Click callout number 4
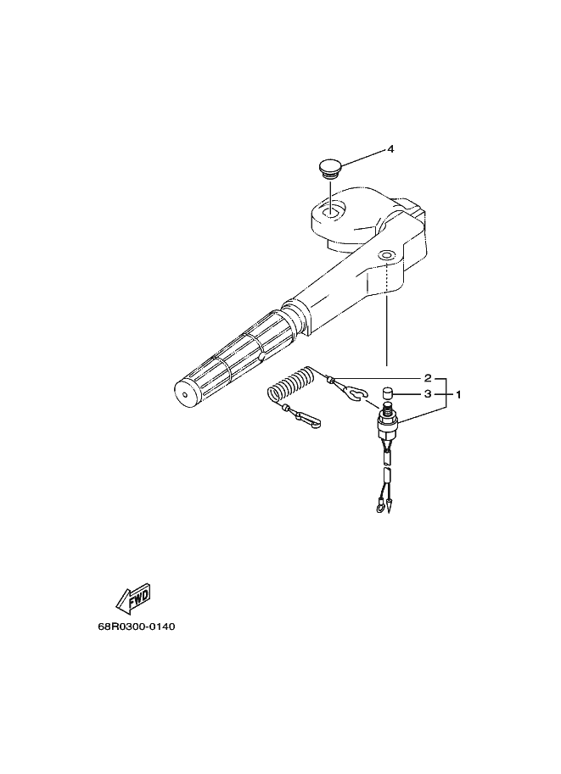(390, 148)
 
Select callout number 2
(428, 378)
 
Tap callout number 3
(428, 394)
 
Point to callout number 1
(458, 394)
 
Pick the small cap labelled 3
(388, 394)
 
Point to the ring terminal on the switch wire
(379, 505)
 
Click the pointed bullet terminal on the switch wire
(390, 505)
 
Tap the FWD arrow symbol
(133, 599)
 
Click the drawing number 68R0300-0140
(137, 626)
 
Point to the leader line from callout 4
(361, 158)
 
